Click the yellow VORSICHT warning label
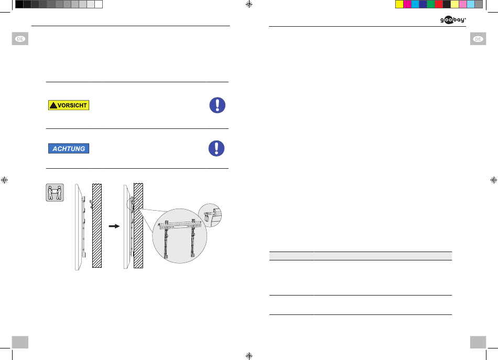click(x=69, y=105)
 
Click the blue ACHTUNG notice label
click(x=69, y=149)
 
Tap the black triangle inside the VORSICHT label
click(x=53, y=105)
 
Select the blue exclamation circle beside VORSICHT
click(x=217, y=105)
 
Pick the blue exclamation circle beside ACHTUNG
click(x=216, y=148)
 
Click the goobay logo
click(x=453, y=20)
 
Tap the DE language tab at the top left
click(x=20, y=39)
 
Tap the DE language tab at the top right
click(x=478, y=39)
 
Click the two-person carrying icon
click(x=55, y=192)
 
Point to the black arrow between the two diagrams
click(x=114, y=226)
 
